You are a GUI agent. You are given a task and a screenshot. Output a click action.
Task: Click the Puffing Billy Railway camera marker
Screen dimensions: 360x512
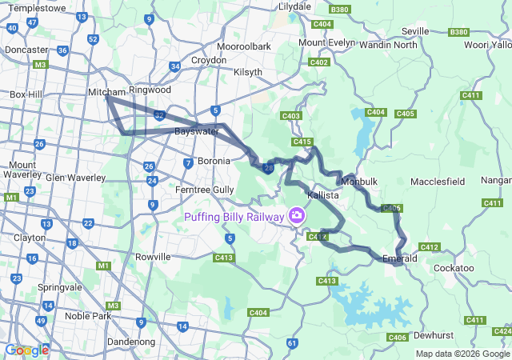(297, 216)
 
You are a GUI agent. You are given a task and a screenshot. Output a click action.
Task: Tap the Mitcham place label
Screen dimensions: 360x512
(107, 93)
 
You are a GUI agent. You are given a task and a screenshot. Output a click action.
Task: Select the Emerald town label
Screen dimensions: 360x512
(400, 259)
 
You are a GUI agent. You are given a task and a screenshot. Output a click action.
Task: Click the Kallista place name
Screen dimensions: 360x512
(323, 195)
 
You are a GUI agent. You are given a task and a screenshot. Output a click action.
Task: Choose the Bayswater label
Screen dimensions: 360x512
(197, 130)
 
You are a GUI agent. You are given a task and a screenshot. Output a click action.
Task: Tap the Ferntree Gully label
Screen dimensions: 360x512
(205, 190)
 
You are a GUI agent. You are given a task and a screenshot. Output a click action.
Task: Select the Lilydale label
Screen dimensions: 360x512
(294, 6)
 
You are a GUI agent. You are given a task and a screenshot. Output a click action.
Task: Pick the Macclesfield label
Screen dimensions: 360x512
(438, 182)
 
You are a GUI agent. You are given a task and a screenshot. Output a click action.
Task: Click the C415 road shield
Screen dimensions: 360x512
(302, 142)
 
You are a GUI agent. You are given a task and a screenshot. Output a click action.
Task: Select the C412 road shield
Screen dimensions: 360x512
(429, 246)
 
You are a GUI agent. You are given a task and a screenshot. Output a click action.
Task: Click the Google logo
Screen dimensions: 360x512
(26, 350)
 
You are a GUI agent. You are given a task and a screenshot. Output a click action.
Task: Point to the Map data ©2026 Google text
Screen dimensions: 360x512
(462, 354)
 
